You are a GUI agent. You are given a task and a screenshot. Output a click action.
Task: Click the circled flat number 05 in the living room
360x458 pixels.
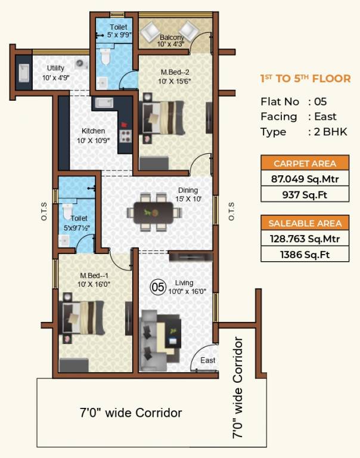click(158, 287)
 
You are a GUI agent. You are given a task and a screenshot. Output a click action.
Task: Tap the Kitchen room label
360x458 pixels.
click(93, 131)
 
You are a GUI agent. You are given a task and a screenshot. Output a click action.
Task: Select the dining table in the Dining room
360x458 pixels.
click(154, 212)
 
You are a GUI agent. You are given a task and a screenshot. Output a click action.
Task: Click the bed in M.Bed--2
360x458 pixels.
click(162, 117)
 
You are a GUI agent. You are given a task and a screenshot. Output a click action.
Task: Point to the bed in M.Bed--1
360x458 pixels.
click(82, 317)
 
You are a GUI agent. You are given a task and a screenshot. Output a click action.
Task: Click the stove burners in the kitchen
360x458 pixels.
click(126, 136)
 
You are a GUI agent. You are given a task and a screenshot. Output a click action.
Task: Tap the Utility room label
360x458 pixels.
click(55, 68)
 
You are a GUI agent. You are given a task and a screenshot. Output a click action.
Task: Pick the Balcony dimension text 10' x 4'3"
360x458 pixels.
click(170, 44)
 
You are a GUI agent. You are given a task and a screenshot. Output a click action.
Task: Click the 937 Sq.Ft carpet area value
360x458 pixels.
click(305, 195)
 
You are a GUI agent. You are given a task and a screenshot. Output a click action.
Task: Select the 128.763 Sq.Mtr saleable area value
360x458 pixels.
click(305, 239)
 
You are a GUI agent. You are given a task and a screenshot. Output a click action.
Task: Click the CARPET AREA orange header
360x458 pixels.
click(305, 163)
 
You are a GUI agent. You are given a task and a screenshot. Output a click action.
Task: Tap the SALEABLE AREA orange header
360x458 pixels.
click(305, 224)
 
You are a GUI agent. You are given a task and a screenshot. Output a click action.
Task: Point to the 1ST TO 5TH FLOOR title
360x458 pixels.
click(305, 79)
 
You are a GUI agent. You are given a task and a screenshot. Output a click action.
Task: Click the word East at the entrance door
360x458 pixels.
click(207, 360)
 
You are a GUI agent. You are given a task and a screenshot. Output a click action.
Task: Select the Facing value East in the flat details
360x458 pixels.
click(325, 116)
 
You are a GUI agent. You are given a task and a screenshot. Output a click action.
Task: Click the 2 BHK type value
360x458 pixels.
click(331, 132)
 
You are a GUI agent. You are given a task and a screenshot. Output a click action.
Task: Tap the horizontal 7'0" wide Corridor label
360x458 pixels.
click(131, 413)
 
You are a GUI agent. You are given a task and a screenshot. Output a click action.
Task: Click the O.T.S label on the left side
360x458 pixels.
click(44, 212)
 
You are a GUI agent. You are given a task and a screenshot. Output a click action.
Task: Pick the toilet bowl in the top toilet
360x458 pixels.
click(105, 57)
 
